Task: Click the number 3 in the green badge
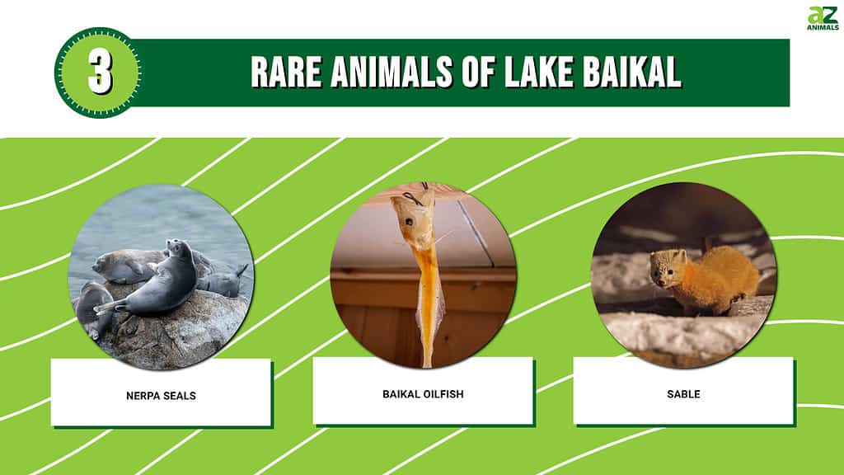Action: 100,73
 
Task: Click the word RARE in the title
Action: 286,72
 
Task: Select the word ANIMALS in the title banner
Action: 392,72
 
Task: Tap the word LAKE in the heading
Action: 539,72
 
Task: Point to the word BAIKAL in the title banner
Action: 632,72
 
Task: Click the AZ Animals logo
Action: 823,18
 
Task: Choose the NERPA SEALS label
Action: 161,396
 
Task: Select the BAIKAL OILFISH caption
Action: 423,394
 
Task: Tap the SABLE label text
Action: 683,394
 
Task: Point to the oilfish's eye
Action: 410,221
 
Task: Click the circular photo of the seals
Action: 161,277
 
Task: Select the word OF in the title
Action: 479,72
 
